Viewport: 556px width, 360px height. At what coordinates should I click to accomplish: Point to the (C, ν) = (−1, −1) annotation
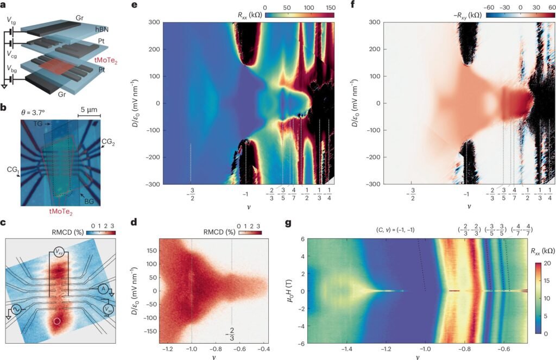391,229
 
